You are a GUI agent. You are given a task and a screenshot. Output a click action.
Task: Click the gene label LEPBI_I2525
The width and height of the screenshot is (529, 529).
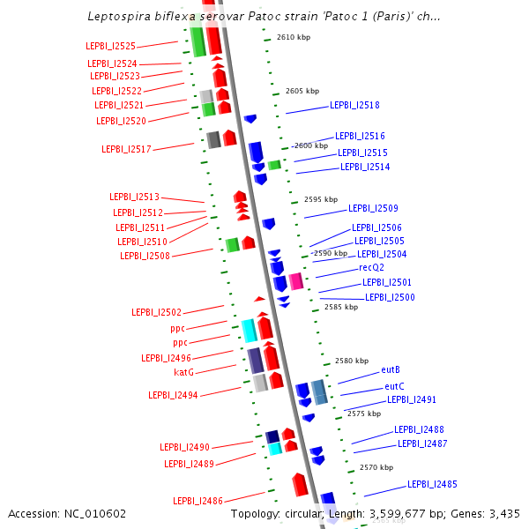pyautogui.click(x=111, y=47)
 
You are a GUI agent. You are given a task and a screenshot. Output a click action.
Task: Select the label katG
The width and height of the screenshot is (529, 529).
pyautogui.click(x=183, y=372)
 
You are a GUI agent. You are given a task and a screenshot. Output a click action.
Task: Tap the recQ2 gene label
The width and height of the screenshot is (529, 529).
pyautogui.click(x=371, y=267)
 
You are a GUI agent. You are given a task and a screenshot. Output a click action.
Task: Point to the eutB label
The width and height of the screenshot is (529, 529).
pyautogui.click(x=391, y=369)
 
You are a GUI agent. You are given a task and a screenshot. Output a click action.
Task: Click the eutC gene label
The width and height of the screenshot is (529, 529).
pyautogui.click(x=394, y=386)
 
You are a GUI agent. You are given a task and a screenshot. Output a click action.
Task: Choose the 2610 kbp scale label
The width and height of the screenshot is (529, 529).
pyautogui.click(x=293, y=38)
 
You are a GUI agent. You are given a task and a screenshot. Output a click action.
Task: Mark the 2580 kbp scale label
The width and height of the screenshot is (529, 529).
pyautogui.click(x=351, y=361)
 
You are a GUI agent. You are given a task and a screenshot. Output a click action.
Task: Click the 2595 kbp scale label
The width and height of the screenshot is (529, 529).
pyautogui.click(x=320, y=200)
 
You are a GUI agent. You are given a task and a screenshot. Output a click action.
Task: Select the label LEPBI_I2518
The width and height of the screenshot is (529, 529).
pyautogui.click(x=354, y=105)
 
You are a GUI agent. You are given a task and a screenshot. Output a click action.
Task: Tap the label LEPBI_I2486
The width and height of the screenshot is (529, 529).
pyautogui.click(x=197, y=501)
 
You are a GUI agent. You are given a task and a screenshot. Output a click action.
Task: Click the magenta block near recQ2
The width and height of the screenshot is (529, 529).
pyautogui.click(x=296, y=281)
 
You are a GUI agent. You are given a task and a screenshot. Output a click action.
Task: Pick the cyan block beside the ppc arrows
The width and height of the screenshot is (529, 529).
pyautogui.click(x=249, y=330)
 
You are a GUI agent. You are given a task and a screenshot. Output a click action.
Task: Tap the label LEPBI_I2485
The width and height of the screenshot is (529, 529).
pyautogui.click(x=432, y=484)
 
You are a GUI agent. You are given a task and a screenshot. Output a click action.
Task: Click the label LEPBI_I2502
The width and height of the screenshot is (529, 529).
pyautogui.click(x=156, y=312)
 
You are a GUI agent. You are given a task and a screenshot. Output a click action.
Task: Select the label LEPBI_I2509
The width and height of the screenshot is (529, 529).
pyautogui.click(x=373, y=209)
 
